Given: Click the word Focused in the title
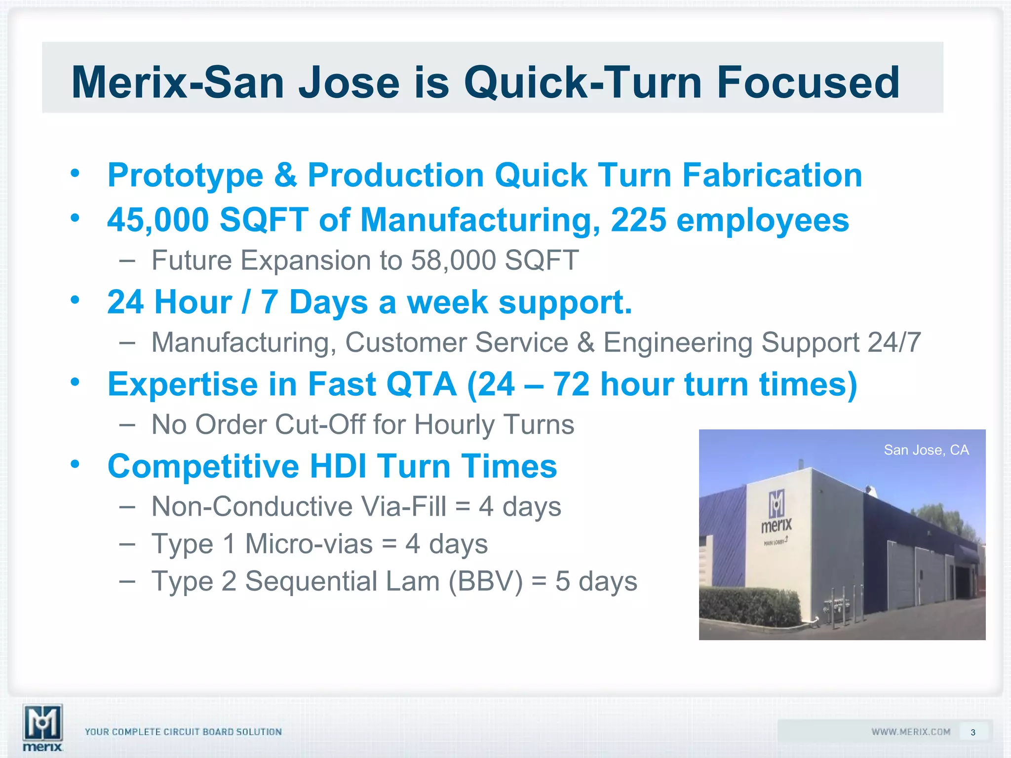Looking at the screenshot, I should tap(808, 83).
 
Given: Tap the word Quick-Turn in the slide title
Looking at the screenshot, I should tap(583, 83).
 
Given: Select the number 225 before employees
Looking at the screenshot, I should tap(638, 220).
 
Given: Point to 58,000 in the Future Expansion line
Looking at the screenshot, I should tap(453, 260).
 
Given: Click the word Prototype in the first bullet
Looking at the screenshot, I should tap(186, 176).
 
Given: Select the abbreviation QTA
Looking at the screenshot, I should tap(421, 384).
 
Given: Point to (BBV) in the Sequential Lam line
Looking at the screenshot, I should tap(485, 581).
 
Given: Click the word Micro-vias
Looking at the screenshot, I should tap(309, 544).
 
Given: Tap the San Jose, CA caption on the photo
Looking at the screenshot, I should tap(926, 450).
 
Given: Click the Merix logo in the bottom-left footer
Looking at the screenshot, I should tap(43, 726).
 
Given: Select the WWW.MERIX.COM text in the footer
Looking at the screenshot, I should tap(911, 732).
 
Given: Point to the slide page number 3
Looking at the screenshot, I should tap(973, 732).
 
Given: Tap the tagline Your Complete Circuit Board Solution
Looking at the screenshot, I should tap(183, 732).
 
